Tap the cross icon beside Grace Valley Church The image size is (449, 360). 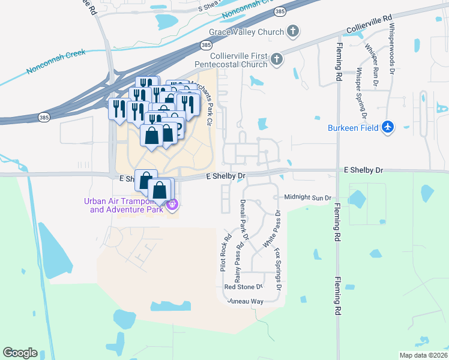tap(292, 31)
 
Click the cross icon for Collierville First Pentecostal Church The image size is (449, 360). tap(276, 59)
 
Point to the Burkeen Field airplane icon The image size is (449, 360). tap(388, 127)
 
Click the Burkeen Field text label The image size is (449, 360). tap(353, 128)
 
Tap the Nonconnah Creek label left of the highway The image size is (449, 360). tap(56, 62)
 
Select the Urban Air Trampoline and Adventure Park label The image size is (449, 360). tap(124, 205)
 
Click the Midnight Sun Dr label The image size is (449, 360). tap(308, 197)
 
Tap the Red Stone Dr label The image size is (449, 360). tap(244, 287)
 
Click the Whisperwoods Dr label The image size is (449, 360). tap(391, 49)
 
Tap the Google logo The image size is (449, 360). tap(20, 352)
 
